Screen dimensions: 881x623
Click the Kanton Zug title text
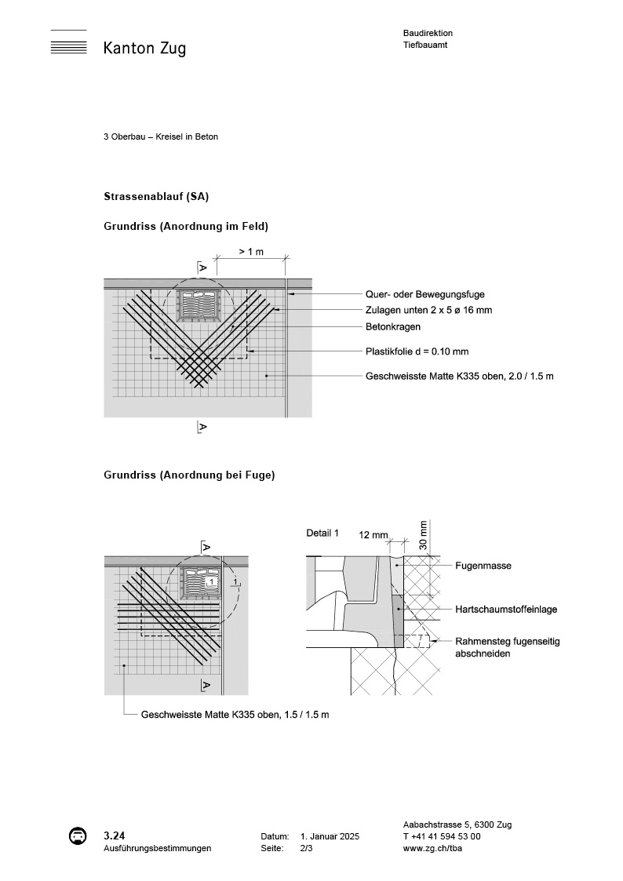(144, 49)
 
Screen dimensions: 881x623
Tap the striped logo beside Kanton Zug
(68, 46)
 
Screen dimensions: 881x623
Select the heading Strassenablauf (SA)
(156, 195)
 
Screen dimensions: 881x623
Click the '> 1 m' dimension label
(251, 251)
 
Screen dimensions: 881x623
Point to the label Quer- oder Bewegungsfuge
(424, 294)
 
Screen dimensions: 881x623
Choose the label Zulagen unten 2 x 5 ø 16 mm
(428, 311)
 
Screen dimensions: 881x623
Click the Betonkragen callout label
(393, 326)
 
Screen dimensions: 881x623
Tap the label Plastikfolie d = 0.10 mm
(417, 351)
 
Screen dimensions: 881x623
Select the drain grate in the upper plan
(199, 305)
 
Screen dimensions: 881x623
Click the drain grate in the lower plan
(199, 582)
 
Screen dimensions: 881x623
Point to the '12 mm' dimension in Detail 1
(373, 534)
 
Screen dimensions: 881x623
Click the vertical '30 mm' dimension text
(424, 536)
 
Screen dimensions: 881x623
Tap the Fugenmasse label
(483, 565)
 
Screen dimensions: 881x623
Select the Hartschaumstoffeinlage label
(506, 609)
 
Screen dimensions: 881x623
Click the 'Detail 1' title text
(322, 533)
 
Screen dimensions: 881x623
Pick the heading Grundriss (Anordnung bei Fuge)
(189, 475)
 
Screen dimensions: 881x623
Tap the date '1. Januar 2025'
(330, 837)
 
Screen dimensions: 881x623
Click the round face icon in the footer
(78, 836)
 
